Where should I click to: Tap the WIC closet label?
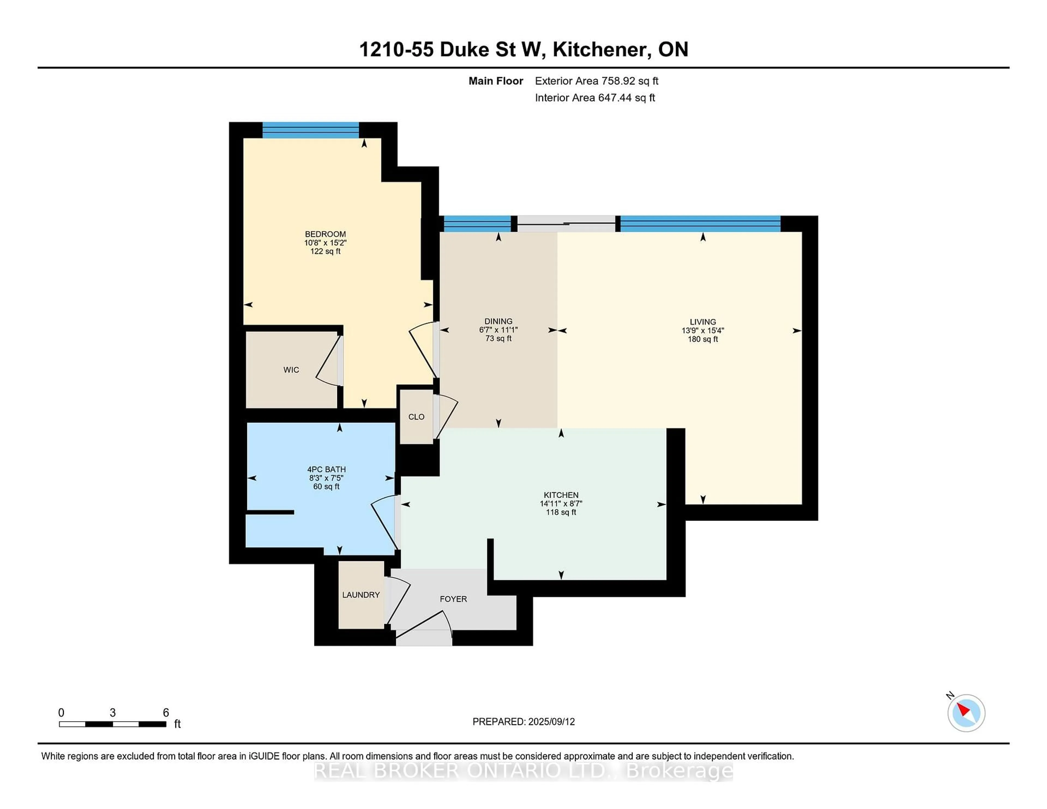point(291,370)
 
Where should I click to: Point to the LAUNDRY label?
point(361,595)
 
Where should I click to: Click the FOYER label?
point(453,599)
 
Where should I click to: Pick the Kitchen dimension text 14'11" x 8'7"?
point(561,504)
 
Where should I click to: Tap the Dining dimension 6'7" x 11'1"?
point(499,330)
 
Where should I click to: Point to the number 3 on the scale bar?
point(113,713)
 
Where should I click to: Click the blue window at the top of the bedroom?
point(311,130)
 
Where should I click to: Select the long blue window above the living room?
point(700,224)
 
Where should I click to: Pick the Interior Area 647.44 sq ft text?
point(595,98)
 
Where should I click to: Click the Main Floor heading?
point(496,81)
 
